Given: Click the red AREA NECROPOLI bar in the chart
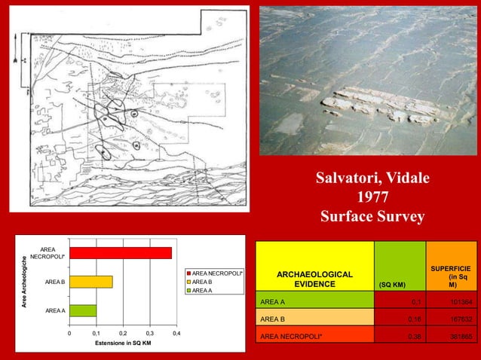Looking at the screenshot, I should pyautogui.click(x=121, y=253).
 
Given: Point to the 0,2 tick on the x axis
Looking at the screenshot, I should pyautogui.click(x=123, y=331).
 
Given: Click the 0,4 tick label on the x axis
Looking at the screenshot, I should pyautogui.click(x=176, y=331).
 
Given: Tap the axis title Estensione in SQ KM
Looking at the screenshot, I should pyautogui.click(x=122, y=343).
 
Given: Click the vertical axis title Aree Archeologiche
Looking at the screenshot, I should pyautogui.click(x=25, y=282).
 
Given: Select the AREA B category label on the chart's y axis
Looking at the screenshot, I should pyautogui.click(x=54, y=282).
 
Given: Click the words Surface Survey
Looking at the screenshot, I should pyautogui.click(x=372, y=217).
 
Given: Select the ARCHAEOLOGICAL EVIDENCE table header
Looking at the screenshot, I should pyautogui.click(x=314, y=279).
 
